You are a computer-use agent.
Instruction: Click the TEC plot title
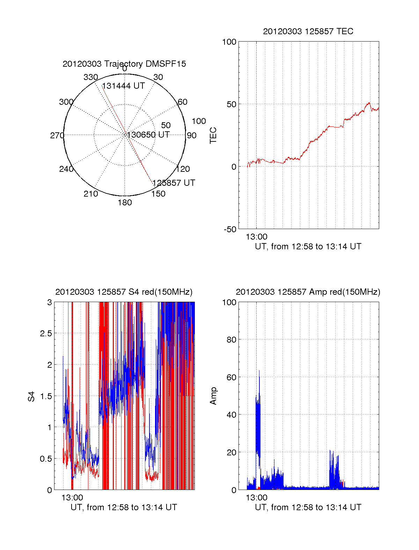pyautogui.click(x=308, y=31)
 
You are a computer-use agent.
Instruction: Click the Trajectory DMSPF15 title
pyautogui.click(x=124, y=64)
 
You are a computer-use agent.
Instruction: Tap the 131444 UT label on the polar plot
pyautogui.click(x=123, y=86)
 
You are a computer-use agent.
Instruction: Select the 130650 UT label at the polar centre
pyautogui.click(x=148, y=135)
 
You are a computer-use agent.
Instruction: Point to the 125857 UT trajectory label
pyautogui.click(x=174, y=183)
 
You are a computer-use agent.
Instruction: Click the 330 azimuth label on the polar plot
pyautogui.click(x=90, y=77)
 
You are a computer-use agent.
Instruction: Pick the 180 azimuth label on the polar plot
pyautogui.click(x=125, y=203)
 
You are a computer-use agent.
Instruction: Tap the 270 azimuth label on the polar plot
pyautogui.click(x=57, y=135)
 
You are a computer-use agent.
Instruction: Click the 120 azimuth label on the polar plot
pyautogui.click(x=183, y=169)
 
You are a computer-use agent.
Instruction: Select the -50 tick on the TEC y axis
pyautogui.click(x=230, y=229)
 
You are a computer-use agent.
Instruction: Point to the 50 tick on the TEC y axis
pyautogui.click(x=231, y=104)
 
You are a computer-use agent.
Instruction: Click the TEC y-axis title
pyautogui.click(x=213, y=135)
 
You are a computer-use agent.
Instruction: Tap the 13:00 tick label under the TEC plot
pyautogui.click(x=256, y=237)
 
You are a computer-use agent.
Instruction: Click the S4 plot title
pyautogui.click(x=124, y=292)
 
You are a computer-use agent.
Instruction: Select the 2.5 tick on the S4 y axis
pyautogui.click(x=46, y=333)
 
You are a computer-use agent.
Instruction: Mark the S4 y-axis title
pyautogui.click(x=31, y=397)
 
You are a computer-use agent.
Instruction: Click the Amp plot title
pyautogui.click(x=308, y=292)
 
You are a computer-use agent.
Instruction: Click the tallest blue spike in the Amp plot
pyautogui.click(x=259, y=372)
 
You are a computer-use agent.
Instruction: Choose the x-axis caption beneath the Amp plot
pyautogui.click(x=308, y=507)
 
